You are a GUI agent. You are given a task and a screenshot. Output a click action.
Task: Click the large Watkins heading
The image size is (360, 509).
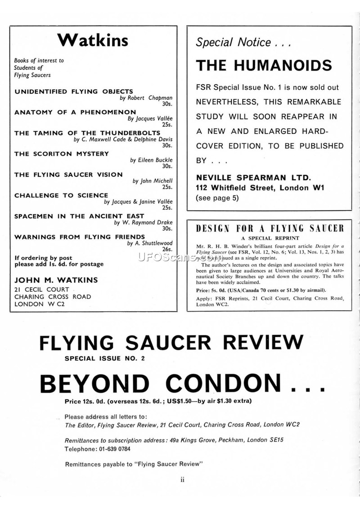pyautogui.click(x=93, y=40)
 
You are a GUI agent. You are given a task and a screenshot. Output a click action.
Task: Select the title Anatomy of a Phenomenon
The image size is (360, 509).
pyautogui.click(x=75, y=112)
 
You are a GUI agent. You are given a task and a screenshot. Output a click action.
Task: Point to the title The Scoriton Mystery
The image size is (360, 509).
pyautogui.click(x=62, y=154)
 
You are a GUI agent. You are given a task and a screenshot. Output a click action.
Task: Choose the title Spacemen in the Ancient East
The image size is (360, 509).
pyautogui.click(x=80, y=216)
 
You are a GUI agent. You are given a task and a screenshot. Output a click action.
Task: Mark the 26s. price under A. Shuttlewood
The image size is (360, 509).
pyautogui.click(x=167, y=249)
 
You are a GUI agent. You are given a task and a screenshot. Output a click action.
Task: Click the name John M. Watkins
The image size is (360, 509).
pyautogui.click(x=56, y=280)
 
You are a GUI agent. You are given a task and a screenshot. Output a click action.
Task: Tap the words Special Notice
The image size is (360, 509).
pyautogui.click(x=234, y=43)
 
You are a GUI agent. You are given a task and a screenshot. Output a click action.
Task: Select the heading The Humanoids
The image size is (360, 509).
pyautogui.click(x=264, y=66)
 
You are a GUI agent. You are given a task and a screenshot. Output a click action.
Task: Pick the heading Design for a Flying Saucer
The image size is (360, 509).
pyautogui.click(x=270, y=228)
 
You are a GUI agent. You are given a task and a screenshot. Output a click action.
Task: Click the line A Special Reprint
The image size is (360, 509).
pyautogui.click(x=270, y=238)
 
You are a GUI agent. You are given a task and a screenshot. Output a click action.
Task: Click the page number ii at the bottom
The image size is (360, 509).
pyautogui.click(x=182, y=480)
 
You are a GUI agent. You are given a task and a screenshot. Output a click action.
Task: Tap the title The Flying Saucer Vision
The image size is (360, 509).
pyautogui.click(x=68, y=174)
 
